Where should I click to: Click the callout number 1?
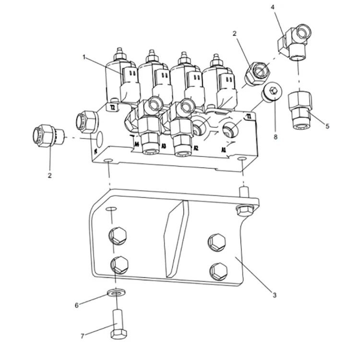coord(84,58)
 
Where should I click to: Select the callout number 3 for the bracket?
coord(274,295)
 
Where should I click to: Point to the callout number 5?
coord(327,127)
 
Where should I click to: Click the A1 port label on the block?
coord(224,150)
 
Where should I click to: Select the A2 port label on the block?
coord(196,148)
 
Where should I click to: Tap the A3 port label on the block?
coord(164,146)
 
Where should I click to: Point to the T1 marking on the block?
coord(249,117)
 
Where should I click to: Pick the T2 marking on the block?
coord(112,108)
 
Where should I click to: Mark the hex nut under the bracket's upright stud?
coord(243,209)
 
